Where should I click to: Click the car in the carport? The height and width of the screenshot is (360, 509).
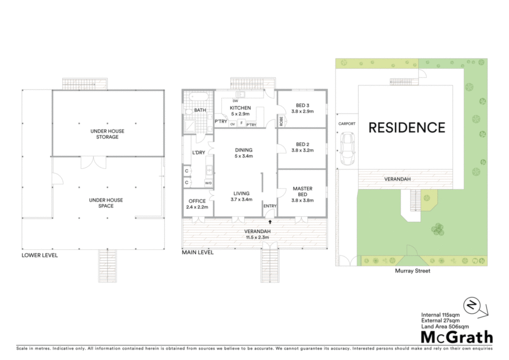pyautogui.click(x=347, y=149)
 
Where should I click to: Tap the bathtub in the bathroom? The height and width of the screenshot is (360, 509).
pyautogui.click(x=198, y=97)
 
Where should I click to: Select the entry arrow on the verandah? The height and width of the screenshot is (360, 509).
pyautogui.click(x=270, y=222)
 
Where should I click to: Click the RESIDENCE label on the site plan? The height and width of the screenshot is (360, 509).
pyautogui.click(x=407, y=128)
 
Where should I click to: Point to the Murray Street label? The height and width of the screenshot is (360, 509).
pyautogui.click(x=412, y=270)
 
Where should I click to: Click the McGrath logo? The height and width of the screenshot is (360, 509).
pyautogui.click(x=457, y=337)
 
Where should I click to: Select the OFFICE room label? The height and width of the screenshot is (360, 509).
pyautogui.click(x=197, y=201)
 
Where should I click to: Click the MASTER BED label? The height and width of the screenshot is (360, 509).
pyautogui.click(x=303, y=191)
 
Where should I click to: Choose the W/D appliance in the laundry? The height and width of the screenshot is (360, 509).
pyautogui.click(x=208, y=183)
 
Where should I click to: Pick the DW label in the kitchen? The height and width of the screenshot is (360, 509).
pyautogui.click(x=235, y=101)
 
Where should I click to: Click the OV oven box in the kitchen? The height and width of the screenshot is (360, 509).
pyautogui.click(x=233, y=124)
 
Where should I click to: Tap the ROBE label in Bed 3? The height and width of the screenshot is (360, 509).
pyautogui.click(x=281, y=121)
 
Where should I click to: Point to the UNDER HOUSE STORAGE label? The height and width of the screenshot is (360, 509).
pyautogui.click(x=107, y=134)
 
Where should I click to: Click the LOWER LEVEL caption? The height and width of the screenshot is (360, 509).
pyautogui.click(x=40, y=255)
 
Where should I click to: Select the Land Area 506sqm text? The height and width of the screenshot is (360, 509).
pyautogui.click(x=445, y=327)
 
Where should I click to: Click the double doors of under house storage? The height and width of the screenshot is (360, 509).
pyautogui.click(x=93, y=162)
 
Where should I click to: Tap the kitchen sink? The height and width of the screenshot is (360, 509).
pyautogui.click(x=240, y=94)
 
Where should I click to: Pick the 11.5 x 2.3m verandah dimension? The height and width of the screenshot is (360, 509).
pyautogui.click(x=257, y=237)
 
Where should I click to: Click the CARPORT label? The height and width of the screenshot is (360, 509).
pyautogui.click(x=346, y=124)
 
